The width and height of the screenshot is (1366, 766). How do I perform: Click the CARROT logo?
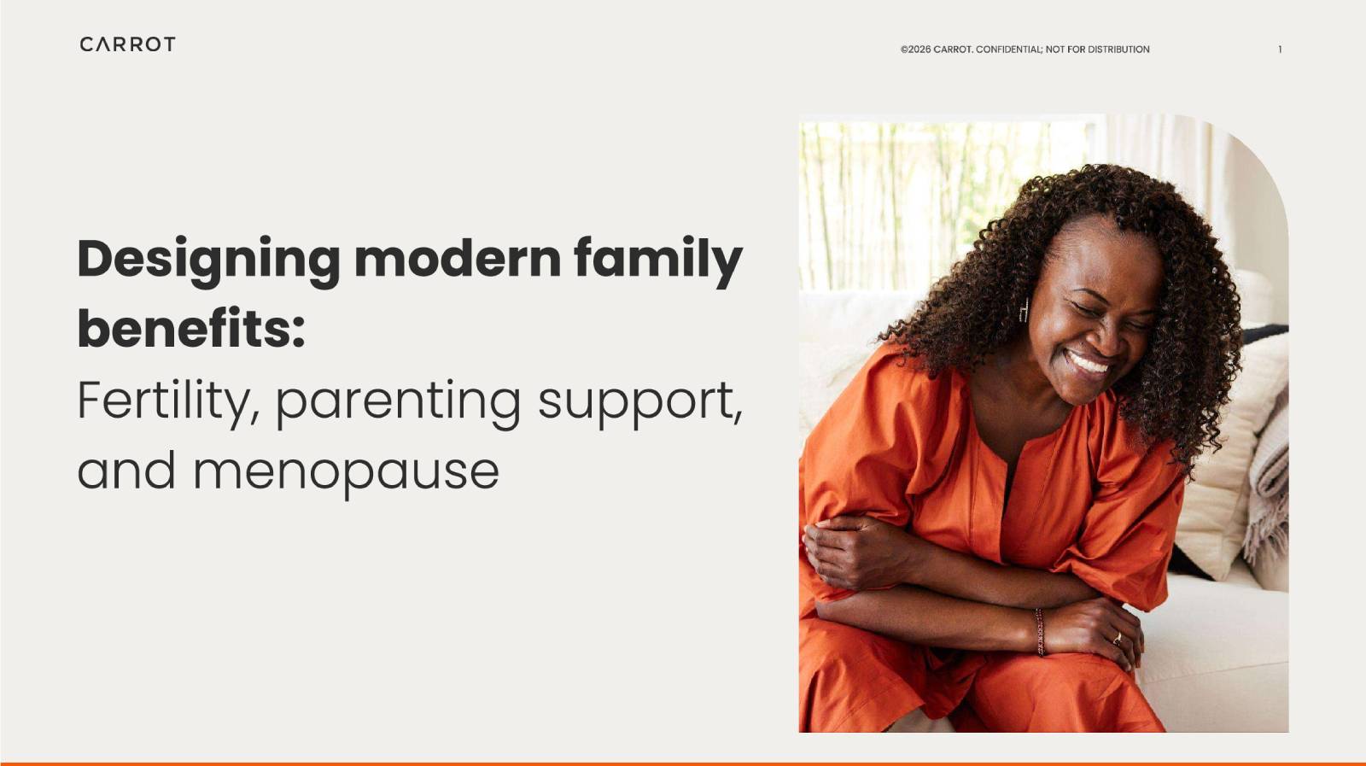[x=127, y=44]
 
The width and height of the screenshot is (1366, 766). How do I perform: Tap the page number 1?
[x=1280, y=50]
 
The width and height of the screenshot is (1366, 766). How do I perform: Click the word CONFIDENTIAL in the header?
[x=1009, y=50]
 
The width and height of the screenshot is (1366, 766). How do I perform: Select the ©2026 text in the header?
[x=915, y=50]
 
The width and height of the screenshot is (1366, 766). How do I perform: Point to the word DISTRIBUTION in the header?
[x=1118, y=50]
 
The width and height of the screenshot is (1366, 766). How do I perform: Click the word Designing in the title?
[x=208, y=261]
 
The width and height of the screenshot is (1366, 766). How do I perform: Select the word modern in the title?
[x=458, y=260]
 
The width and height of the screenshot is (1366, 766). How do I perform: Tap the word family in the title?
[x=658, y=261]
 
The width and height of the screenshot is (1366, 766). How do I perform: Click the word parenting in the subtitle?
[x=398, y=404]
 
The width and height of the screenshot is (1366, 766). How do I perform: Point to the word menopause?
[x=347, y=474]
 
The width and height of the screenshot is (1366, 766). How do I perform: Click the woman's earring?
[x=1024, y=310]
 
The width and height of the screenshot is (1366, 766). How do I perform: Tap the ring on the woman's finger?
[x=1118, y=639]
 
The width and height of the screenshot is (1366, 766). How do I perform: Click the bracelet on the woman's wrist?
[x=1040, y=632]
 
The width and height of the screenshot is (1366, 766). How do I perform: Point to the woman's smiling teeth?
[x=1088, y=364]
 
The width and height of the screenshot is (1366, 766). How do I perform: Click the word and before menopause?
[x=126, y=471]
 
